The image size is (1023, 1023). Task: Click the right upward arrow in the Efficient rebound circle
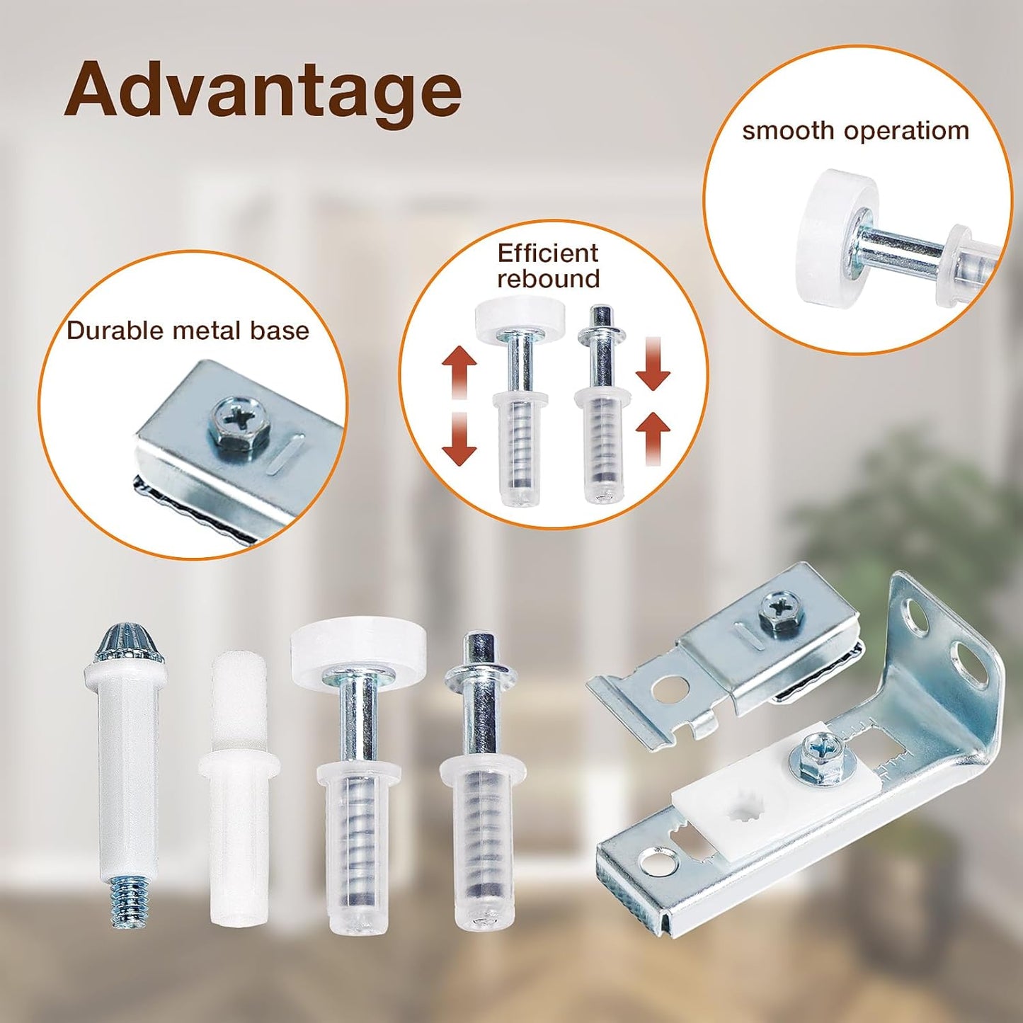point(653,438)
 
